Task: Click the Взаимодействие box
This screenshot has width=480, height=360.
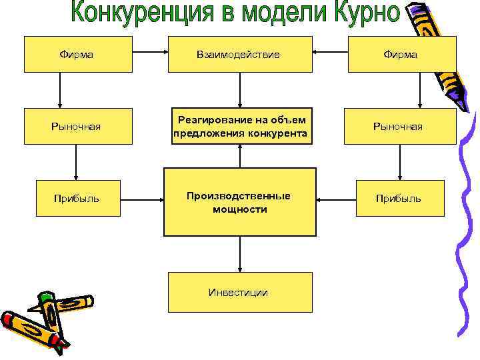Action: pyautogui.click(x=239, y=54)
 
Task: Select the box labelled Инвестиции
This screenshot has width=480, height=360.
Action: pyautogui.click(x=239, y=292)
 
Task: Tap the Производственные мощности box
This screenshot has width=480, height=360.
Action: pyautogui.click(x=239, y=202)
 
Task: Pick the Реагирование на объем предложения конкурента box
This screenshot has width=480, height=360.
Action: pyautogui.click(x=239, y=126)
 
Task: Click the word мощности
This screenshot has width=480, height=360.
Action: pyautogui.click(x=239, y=209)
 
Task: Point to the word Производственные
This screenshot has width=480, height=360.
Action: pyautogui.click(x=238, y=195)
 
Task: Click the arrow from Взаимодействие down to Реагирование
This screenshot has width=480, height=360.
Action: pyautogui.click(x=239, y=89)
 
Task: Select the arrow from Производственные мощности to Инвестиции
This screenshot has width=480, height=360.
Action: pyautogui.click(x=239, y=253)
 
